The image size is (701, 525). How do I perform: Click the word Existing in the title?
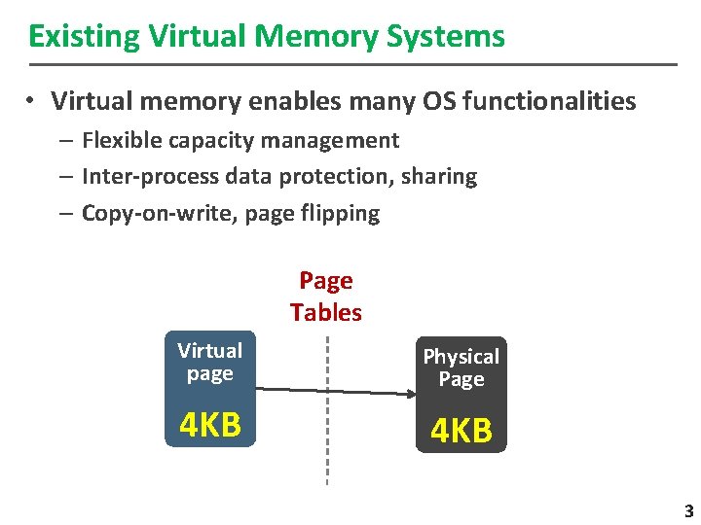pyautogui.click(x=85, y=37)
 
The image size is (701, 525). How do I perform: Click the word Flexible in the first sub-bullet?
pyautogui.click(x=122, y=141)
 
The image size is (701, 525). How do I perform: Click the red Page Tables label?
pyautogui.click(x=325, y=297)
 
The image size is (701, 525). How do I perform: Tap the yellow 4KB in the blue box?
pyautogui.click(x=210, y=425)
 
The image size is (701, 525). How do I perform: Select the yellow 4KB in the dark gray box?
pyautogui.click(x=461, y=431)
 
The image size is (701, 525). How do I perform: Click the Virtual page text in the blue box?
pyautogui.click(x=210, y=362)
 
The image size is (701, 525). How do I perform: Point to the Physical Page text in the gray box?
pyautogui.click(x=461, y=367)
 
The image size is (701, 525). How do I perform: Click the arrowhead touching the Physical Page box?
pyautogui.click(x=409, y=394)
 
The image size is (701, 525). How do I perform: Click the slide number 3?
pyautogui.click(x=687, y=511)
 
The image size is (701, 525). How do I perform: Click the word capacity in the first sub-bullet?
pyautogui.click(x=209, y=141)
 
